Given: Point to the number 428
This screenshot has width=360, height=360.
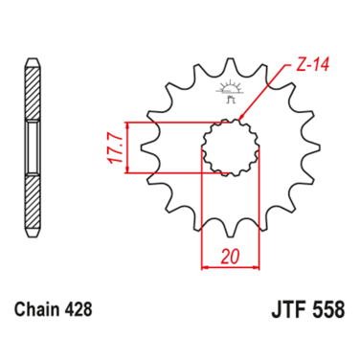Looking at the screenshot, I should coord(79,311).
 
